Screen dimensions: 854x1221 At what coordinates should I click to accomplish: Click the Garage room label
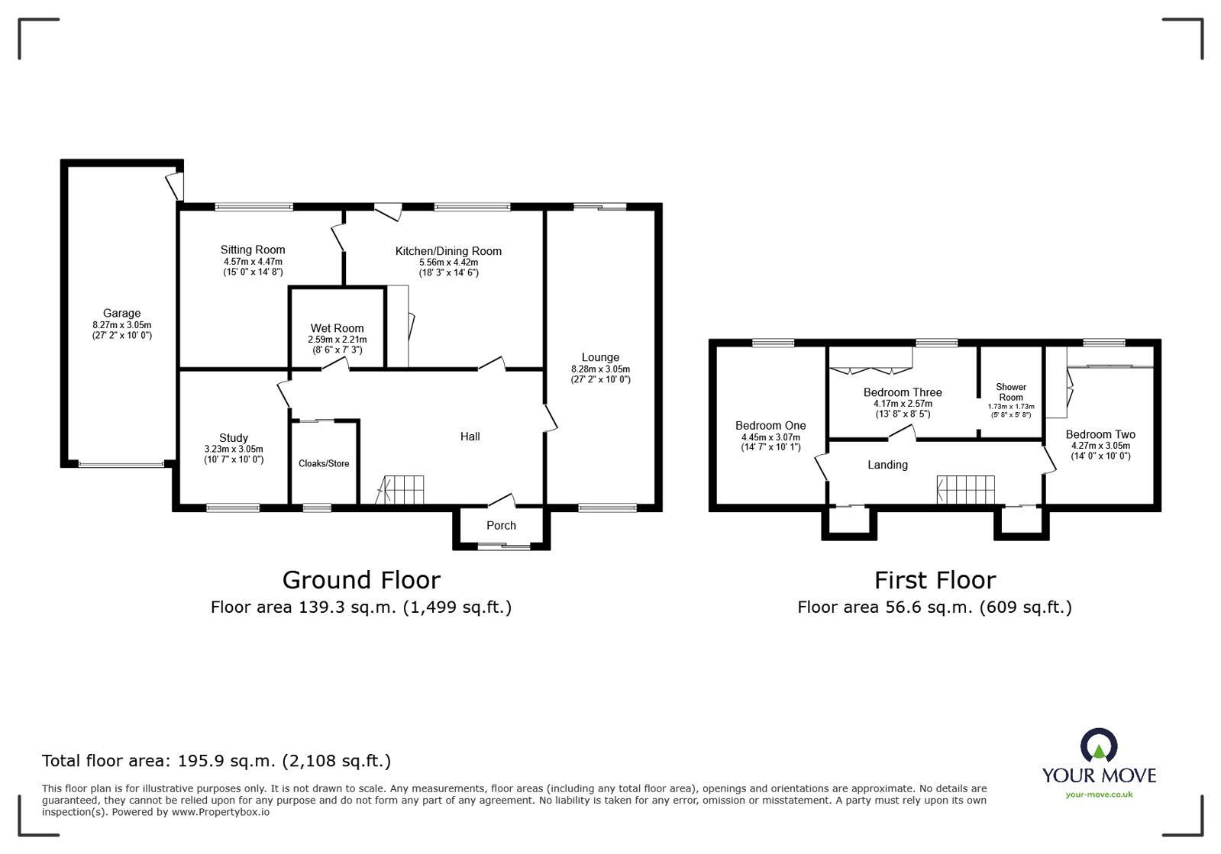pos(121,313)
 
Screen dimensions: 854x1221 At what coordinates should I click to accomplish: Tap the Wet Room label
pos(337,328)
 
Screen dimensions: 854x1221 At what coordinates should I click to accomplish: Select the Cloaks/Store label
pos(324,463)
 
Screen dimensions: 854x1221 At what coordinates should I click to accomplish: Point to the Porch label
pos(501,525)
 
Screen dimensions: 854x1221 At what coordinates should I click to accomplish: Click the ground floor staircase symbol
pos(402,489)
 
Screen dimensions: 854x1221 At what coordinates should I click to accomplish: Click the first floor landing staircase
pos(966,489)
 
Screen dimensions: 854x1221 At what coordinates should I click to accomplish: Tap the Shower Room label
pos(1011,392)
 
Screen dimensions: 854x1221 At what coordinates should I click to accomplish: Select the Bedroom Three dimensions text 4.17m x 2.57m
pos(903,404)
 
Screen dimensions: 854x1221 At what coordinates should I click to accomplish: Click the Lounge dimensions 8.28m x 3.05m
pos(600,369)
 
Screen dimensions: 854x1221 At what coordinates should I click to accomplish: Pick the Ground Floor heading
pos(361,580)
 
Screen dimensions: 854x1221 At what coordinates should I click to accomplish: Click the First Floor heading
pos(935,580)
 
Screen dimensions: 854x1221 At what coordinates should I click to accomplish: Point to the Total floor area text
pos(216,760)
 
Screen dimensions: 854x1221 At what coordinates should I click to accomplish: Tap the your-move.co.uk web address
pos(1099,794)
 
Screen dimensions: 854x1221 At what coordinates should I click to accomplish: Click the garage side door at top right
pos(176,184)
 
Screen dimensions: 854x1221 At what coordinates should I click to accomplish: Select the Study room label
pos(234,438)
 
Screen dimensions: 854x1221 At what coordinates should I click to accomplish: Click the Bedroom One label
pos(770,426)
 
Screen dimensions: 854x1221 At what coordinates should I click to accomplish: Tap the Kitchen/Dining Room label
pos(448,251)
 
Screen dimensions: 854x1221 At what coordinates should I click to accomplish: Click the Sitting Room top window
pos(254,206)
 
